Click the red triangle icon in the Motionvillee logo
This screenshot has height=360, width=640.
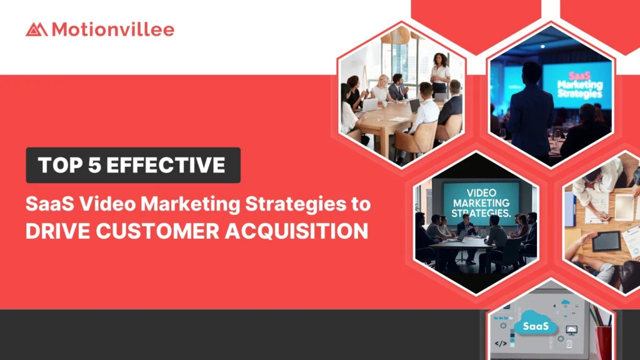click(x=36, y=29)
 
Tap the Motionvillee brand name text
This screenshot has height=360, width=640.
click(x=112, y=29)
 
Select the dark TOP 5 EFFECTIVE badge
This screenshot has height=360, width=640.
click(x=132, y=165)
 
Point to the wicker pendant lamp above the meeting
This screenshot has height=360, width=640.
click(x=395, y=34)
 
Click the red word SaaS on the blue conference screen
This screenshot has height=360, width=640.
click(x=576, y=74)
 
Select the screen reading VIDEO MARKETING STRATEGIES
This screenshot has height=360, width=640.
click(x=481, y=199)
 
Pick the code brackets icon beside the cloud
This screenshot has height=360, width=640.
click(x=500, y=344)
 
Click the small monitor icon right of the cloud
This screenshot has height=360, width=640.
click(x=571, y=329)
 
